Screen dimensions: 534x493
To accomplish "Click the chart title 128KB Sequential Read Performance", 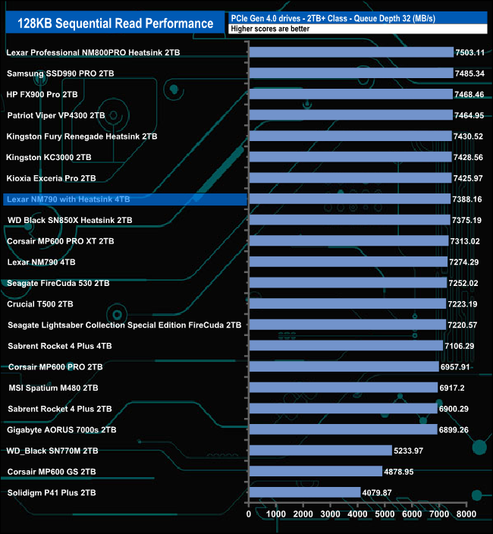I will (x=115, y=24).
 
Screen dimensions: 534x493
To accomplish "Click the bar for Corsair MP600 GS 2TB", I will (x=316, y=472).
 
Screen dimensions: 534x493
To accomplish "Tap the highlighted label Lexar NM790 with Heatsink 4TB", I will (x=68, y=199).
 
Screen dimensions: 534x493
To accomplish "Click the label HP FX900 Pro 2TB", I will (x=42, y=95).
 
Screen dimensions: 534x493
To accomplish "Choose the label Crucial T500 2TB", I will (x=40, y=304).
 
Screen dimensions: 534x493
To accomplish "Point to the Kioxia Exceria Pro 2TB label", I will (x=51, y=178).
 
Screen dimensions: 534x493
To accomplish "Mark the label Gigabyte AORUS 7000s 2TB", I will (x=61, y=429).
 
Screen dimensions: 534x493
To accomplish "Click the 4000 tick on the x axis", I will (x=358, y=514).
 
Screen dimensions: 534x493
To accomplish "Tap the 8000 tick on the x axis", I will (x=466, y=514).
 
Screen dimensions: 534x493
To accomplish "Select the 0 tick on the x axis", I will (x=250, y=514).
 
